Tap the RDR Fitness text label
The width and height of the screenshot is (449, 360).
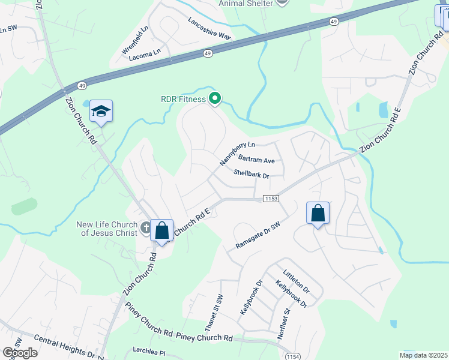click(183, 100)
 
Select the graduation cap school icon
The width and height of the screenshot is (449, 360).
click(101, 111)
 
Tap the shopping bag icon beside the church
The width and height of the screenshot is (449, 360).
click(161, 230)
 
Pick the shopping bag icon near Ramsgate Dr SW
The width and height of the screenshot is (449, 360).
click(318, 213)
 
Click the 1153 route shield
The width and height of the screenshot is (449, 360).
click(270, 198)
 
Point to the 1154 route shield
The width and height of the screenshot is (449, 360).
click(294, 356)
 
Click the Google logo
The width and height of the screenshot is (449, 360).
click(20, 353)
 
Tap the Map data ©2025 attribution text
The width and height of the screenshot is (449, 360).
click(423, 355)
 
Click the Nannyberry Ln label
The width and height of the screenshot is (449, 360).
click(237, 154)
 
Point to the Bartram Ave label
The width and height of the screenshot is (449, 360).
click(256, 160)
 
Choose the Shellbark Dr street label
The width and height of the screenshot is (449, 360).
click(251, 174)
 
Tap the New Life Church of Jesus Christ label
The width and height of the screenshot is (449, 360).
click(107, 229)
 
